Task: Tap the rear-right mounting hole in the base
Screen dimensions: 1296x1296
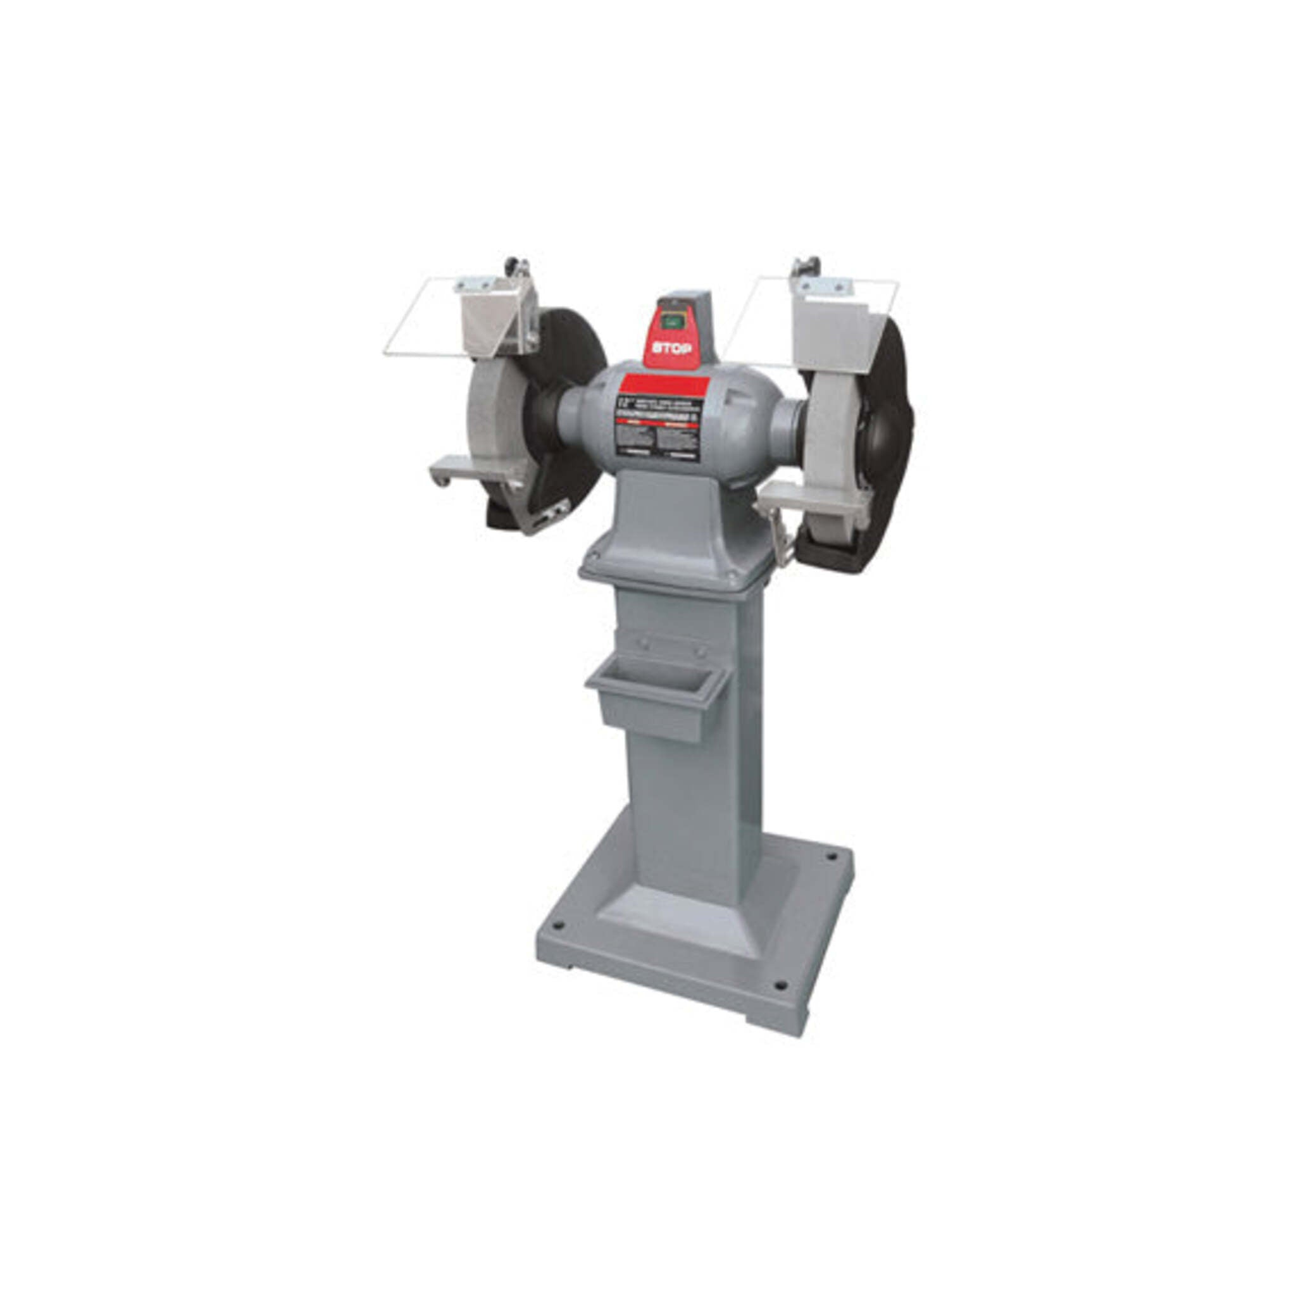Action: [832, 857]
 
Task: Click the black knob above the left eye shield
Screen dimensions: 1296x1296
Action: [514, 264]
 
